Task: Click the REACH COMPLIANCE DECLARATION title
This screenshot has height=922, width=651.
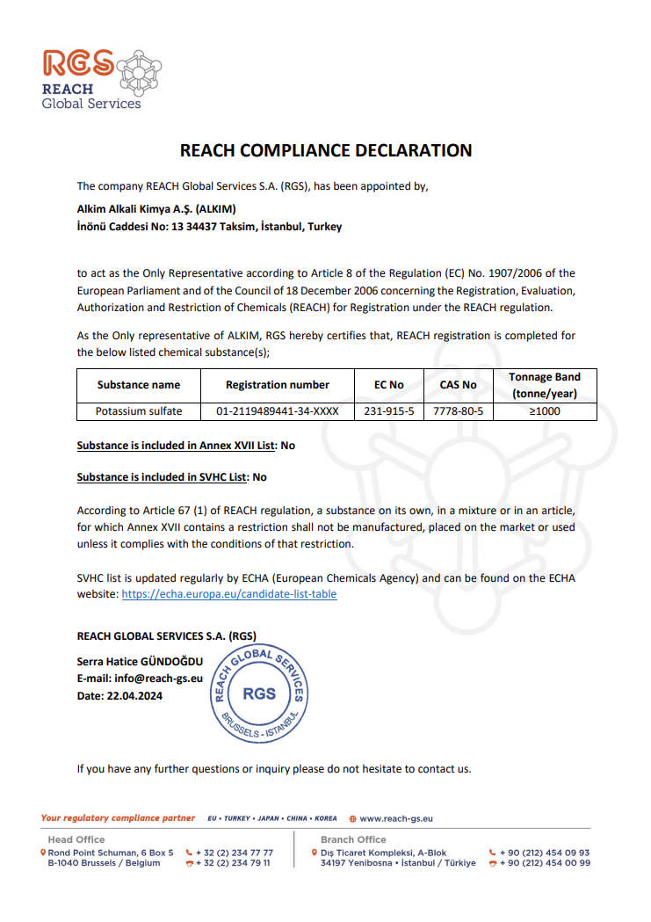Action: pos(325,150)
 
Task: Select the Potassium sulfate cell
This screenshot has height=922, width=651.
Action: pos(139,410)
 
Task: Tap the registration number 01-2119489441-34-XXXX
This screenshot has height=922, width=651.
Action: pos(277,410)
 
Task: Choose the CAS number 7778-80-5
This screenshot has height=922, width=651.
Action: pos(458,410)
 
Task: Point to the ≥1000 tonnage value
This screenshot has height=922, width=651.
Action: pos(544,410)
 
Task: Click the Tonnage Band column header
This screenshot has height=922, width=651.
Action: pos(544,385)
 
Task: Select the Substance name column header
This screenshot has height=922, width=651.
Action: pos(139,385)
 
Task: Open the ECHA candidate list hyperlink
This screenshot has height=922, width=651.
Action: pos(228,594)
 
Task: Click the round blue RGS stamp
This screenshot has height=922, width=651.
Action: pos(259,693)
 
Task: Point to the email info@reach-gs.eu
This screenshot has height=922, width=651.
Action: pos(140,679)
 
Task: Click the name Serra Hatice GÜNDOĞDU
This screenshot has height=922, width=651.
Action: pos(140,661)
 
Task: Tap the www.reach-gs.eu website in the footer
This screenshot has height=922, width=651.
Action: pos(395,818)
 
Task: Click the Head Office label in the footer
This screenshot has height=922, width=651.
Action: pos(76,839)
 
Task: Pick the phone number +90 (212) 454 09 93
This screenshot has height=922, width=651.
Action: pos(545,853)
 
